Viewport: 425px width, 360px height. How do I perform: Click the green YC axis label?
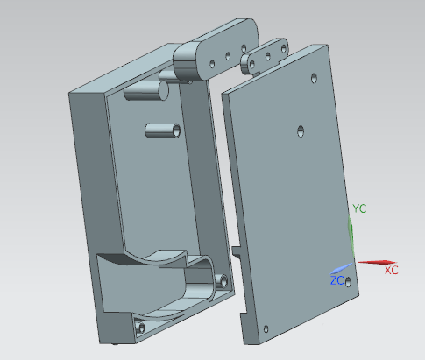coord(359,208)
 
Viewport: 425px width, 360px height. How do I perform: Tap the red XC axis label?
coord(392,271)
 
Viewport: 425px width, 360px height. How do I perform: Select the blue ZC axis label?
coord(336,280)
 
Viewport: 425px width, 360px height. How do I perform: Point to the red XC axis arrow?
coord(377,262)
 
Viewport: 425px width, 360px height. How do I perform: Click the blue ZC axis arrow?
coord(342,269)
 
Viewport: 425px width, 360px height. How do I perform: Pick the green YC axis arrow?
coord(351,237)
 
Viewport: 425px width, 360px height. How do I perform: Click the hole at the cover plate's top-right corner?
coord(314,78)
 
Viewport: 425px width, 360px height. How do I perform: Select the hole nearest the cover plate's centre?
coord(301,131)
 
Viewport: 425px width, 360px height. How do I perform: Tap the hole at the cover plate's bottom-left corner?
coord(266,329)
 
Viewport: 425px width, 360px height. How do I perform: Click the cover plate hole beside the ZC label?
coord(348,282)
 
